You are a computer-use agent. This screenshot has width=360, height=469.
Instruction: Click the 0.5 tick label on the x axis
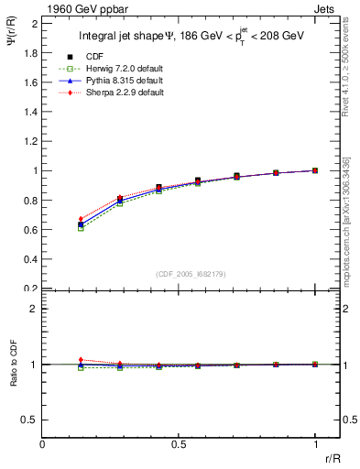[x=179, y=443]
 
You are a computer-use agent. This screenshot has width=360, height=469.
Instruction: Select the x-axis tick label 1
[x=315, y=443]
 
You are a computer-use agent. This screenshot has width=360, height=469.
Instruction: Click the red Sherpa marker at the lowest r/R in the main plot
[x=81, y=219]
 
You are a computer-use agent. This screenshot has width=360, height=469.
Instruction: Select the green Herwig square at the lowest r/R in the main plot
[x=81, y=228]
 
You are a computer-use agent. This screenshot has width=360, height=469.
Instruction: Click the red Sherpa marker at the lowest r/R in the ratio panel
[x=81, y=360]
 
